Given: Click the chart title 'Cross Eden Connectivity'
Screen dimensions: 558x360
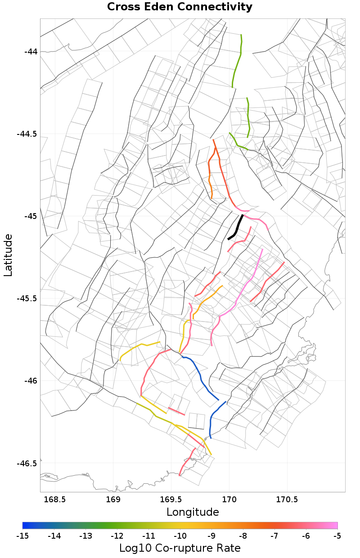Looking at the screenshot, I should pos(180,7).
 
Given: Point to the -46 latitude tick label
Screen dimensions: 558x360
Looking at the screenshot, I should pos(31,381).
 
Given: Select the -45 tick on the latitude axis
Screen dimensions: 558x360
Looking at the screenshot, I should pos(31,216).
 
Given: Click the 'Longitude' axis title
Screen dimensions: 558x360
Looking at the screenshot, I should pos(193,512).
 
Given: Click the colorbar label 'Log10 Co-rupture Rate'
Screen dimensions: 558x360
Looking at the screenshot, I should pos(180,548).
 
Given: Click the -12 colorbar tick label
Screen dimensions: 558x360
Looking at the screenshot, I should pos(117,536).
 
